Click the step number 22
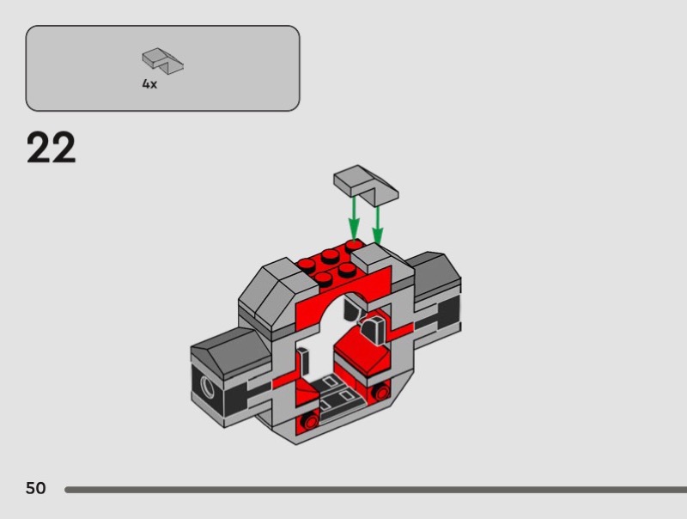(x=52, y=148)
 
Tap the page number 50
(x=35, y=488)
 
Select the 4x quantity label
(x=149, y=84)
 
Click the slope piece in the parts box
(x=162, y=59)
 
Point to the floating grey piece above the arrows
(x=366, y=185)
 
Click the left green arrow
(x=354, y=218)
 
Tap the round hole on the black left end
(x=208, y=386)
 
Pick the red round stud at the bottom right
(x=381, y=392)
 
